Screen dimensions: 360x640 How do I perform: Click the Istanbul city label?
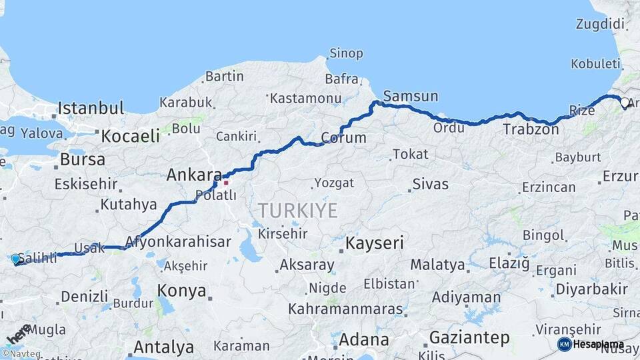91,108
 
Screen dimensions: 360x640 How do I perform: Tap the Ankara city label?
193,175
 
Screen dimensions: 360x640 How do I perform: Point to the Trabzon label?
531,129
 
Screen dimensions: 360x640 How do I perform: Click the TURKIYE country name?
298,211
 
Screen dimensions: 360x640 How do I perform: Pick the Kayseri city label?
375,243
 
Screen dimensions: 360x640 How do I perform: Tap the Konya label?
181,290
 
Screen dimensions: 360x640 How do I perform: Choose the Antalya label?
163,347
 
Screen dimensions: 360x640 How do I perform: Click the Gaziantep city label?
469,337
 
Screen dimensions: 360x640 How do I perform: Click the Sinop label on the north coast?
346,53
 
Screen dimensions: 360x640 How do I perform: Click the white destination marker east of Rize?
625,103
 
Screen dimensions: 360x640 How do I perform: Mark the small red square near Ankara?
226,182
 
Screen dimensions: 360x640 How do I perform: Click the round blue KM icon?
564,344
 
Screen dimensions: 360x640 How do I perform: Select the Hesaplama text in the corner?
599,345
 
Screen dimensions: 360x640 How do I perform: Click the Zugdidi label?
601,25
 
